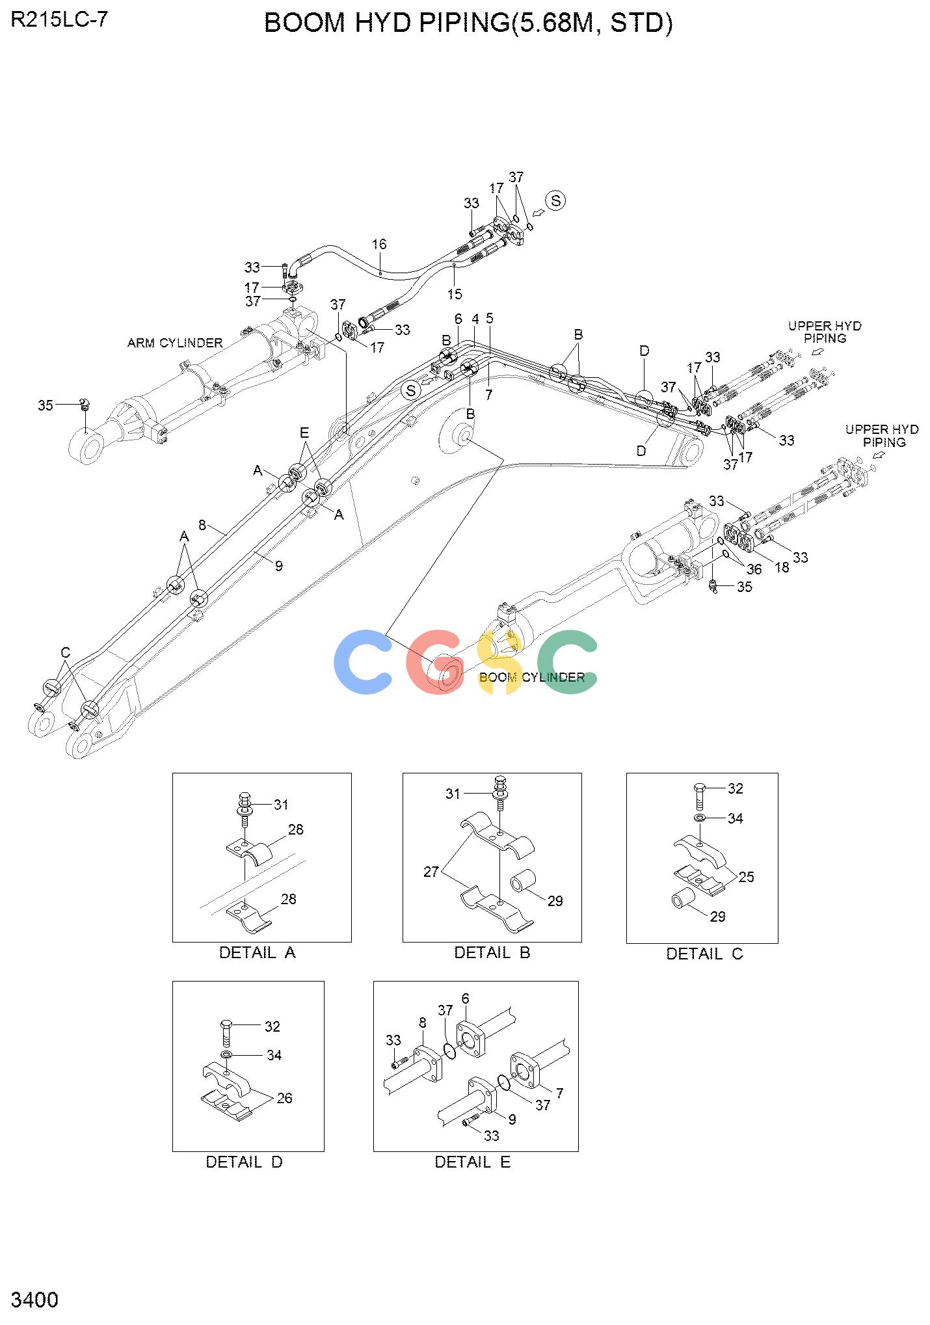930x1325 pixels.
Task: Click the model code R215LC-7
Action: click(60, 20)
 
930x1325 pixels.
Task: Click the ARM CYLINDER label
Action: click(175, 343)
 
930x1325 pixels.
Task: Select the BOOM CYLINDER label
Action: click(532, 677)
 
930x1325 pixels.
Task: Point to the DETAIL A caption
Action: click(258, 953)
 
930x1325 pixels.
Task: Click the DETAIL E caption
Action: click(473, 1162)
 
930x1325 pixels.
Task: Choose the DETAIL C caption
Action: click(704, 954)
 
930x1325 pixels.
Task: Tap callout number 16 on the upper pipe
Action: click(379, 244)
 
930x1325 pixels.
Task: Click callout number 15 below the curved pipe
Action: click(455, 294)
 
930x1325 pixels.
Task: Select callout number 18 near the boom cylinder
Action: click(782, 567)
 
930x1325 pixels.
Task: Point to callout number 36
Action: click(754, 570)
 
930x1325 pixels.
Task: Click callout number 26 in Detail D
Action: click(285, 1098)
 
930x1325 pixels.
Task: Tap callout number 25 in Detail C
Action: click(747, 877)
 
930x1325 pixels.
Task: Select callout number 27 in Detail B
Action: click(431, 872)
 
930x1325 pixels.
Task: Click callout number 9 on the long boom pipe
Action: click(279, 566)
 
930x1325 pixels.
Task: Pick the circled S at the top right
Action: click(555, 201)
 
